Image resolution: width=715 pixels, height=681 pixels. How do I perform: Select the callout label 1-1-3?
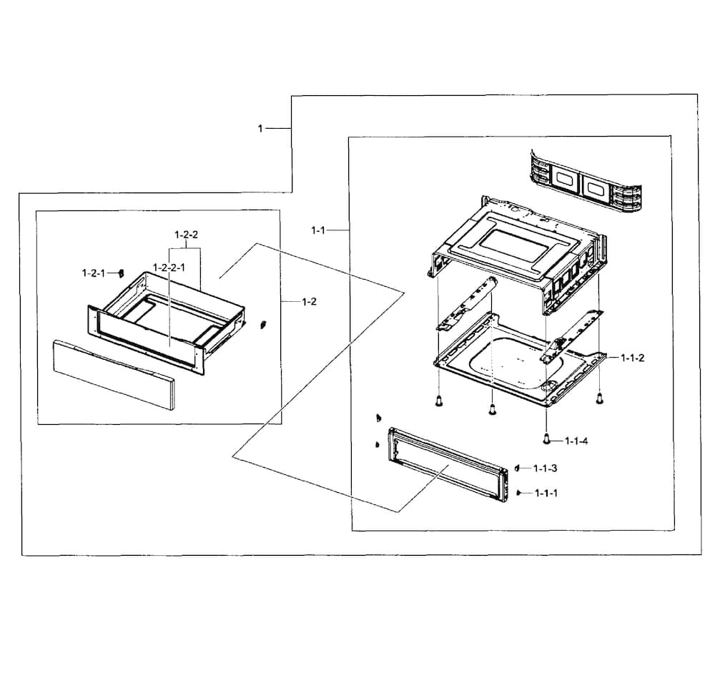click(x=546, y=468)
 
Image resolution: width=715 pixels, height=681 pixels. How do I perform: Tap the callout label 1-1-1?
click(x=546, y=494)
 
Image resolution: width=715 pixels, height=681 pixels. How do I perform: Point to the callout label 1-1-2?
click(x=632, y=358)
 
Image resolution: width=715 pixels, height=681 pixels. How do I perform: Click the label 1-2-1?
click(x=93, y=273)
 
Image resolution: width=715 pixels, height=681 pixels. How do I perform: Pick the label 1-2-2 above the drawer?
click(x=186, y=235)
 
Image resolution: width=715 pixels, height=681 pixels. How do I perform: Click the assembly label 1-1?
click(x=318, y=230)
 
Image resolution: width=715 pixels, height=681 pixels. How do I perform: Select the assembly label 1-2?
click(x=309, y=302)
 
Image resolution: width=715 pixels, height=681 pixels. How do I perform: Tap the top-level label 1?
click(x=260, y=128)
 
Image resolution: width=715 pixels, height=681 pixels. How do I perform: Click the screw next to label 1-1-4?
click(x=546, y=437)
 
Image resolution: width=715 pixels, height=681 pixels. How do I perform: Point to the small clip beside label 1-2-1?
click(x=121, y=273)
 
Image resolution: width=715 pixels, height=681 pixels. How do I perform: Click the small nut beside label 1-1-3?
click(x=516, y=468)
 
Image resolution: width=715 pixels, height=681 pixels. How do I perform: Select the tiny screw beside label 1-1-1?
click(x=517, y=493)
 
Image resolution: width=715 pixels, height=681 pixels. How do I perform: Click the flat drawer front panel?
click(x=114, y=375)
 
